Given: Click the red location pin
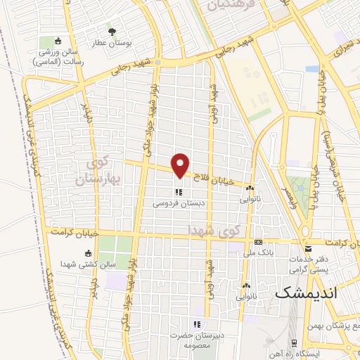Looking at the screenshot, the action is tap(181, 166).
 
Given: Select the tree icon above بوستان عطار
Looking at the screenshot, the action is tap(111, 31).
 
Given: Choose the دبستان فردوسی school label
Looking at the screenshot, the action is tap(179, 205).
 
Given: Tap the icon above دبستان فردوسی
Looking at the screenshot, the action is tap(179, 192).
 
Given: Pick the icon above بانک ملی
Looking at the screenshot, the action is tap(258, 240).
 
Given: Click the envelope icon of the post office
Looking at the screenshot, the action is tap(309, 248).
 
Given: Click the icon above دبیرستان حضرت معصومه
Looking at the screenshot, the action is tap(198, 324).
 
